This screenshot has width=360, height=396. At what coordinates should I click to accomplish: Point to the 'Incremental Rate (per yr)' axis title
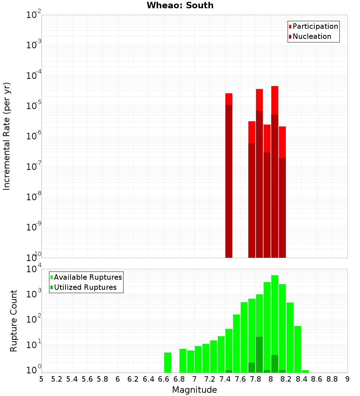(6, 136)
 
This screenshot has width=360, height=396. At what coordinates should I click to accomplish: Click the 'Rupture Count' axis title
(14, 321)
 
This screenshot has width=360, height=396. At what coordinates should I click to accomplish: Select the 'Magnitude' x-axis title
(194, 390)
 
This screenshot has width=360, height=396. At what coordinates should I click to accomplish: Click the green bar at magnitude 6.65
(167, 363)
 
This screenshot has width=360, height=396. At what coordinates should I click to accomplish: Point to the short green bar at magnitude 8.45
(305, 371)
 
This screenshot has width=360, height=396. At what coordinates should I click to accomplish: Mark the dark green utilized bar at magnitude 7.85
(259, 355)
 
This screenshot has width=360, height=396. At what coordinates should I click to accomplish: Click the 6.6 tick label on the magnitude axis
(164, 379)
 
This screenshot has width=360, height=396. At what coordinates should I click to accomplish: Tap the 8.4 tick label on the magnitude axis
(302, 379)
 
